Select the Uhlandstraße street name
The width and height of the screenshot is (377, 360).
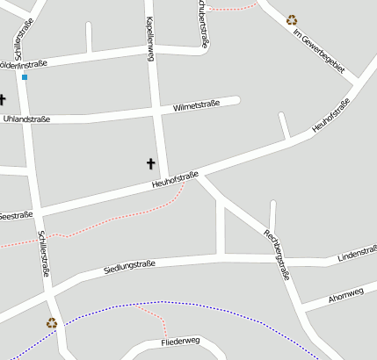26,118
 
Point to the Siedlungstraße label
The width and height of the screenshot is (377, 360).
129,265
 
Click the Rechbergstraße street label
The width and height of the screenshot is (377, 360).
282,254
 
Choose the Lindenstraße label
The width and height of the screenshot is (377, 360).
357,254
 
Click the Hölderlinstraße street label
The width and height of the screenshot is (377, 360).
23,64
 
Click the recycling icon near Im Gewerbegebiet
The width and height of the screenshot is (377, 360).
291,19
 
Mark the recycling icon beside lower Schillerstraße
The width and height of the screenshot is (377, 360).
51,322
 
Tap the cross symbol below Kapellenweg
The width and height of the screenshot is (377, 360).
150,163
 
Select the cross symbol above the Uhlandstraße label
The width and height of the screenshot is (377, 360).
2,100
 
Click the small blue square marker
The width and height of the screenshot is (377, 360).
25,77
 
